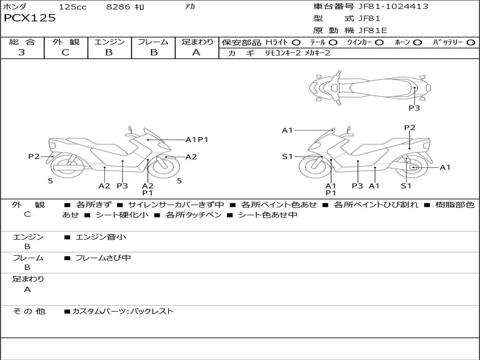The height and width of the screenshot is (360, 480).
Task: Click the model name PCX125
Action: (30, 18)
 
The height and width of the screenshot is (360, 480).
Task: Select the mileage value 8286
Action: (119, 7)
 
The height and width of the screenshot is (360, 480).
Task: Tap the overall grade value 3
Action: (22, 52)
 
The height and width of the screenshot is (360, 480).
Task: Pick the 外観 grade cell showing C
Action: (66, 52)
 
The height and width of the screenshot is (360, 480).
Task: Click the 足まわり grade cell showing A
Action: (196, 52)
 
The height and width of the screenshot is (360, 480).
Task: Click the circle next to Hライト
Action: (296, 42)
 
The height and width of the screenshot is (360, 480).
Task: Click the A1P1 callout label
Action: (196, 140)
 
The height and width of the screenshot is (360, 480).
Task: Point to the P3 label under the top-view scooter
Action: (414, 108)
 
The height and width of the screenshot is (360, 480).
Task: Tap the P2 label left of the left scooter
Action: (34, 157)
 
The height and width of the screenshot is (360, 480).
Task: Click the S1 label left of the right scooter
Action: (287, 157)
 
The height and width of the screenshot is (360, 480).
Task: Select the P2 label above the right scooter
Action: (410, 127)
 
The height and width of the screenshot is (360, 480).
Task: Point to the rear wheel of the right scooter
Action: (413, 167)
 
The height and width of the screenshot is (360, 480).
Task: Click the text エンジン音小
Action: (101, 237)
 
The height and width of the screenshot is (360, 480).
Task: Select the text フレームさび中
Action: (103, 258)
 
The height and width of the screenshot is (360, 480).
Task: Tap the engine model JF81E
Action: (373, 30)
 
